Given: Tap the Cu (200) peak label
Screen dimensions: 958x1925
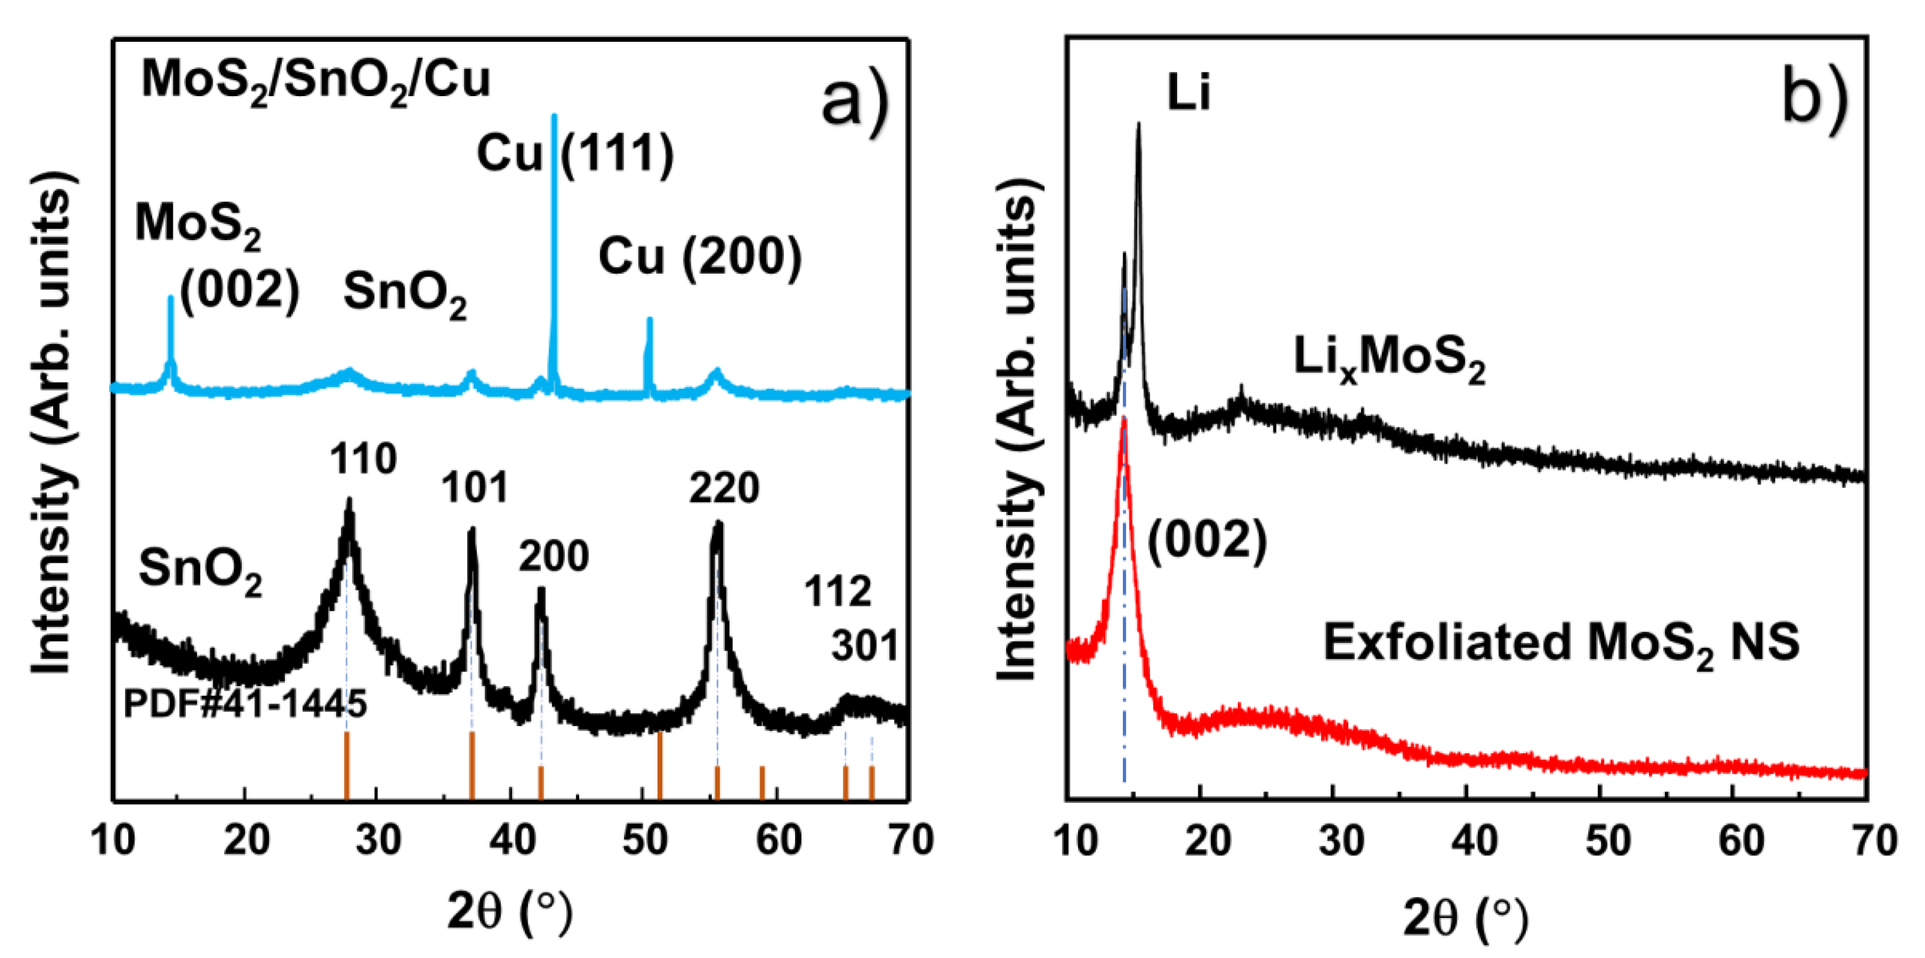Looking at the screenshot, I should tap(699, 257).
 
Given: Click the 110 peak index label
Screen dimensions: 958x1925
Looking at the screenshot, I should tap(363, 458).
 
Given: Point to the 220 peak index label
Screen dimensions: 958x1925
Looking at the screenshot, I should tap(724, 488).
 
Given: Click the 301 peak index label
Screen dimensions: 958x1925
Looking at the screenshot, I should tap(865, 645).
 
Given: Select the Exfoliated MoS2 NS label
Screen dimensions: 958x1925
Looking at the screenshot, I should tap(1561, 642).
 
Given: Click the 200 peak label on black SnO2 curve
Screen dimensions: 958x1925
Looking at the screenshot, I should tap(554, 556).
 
